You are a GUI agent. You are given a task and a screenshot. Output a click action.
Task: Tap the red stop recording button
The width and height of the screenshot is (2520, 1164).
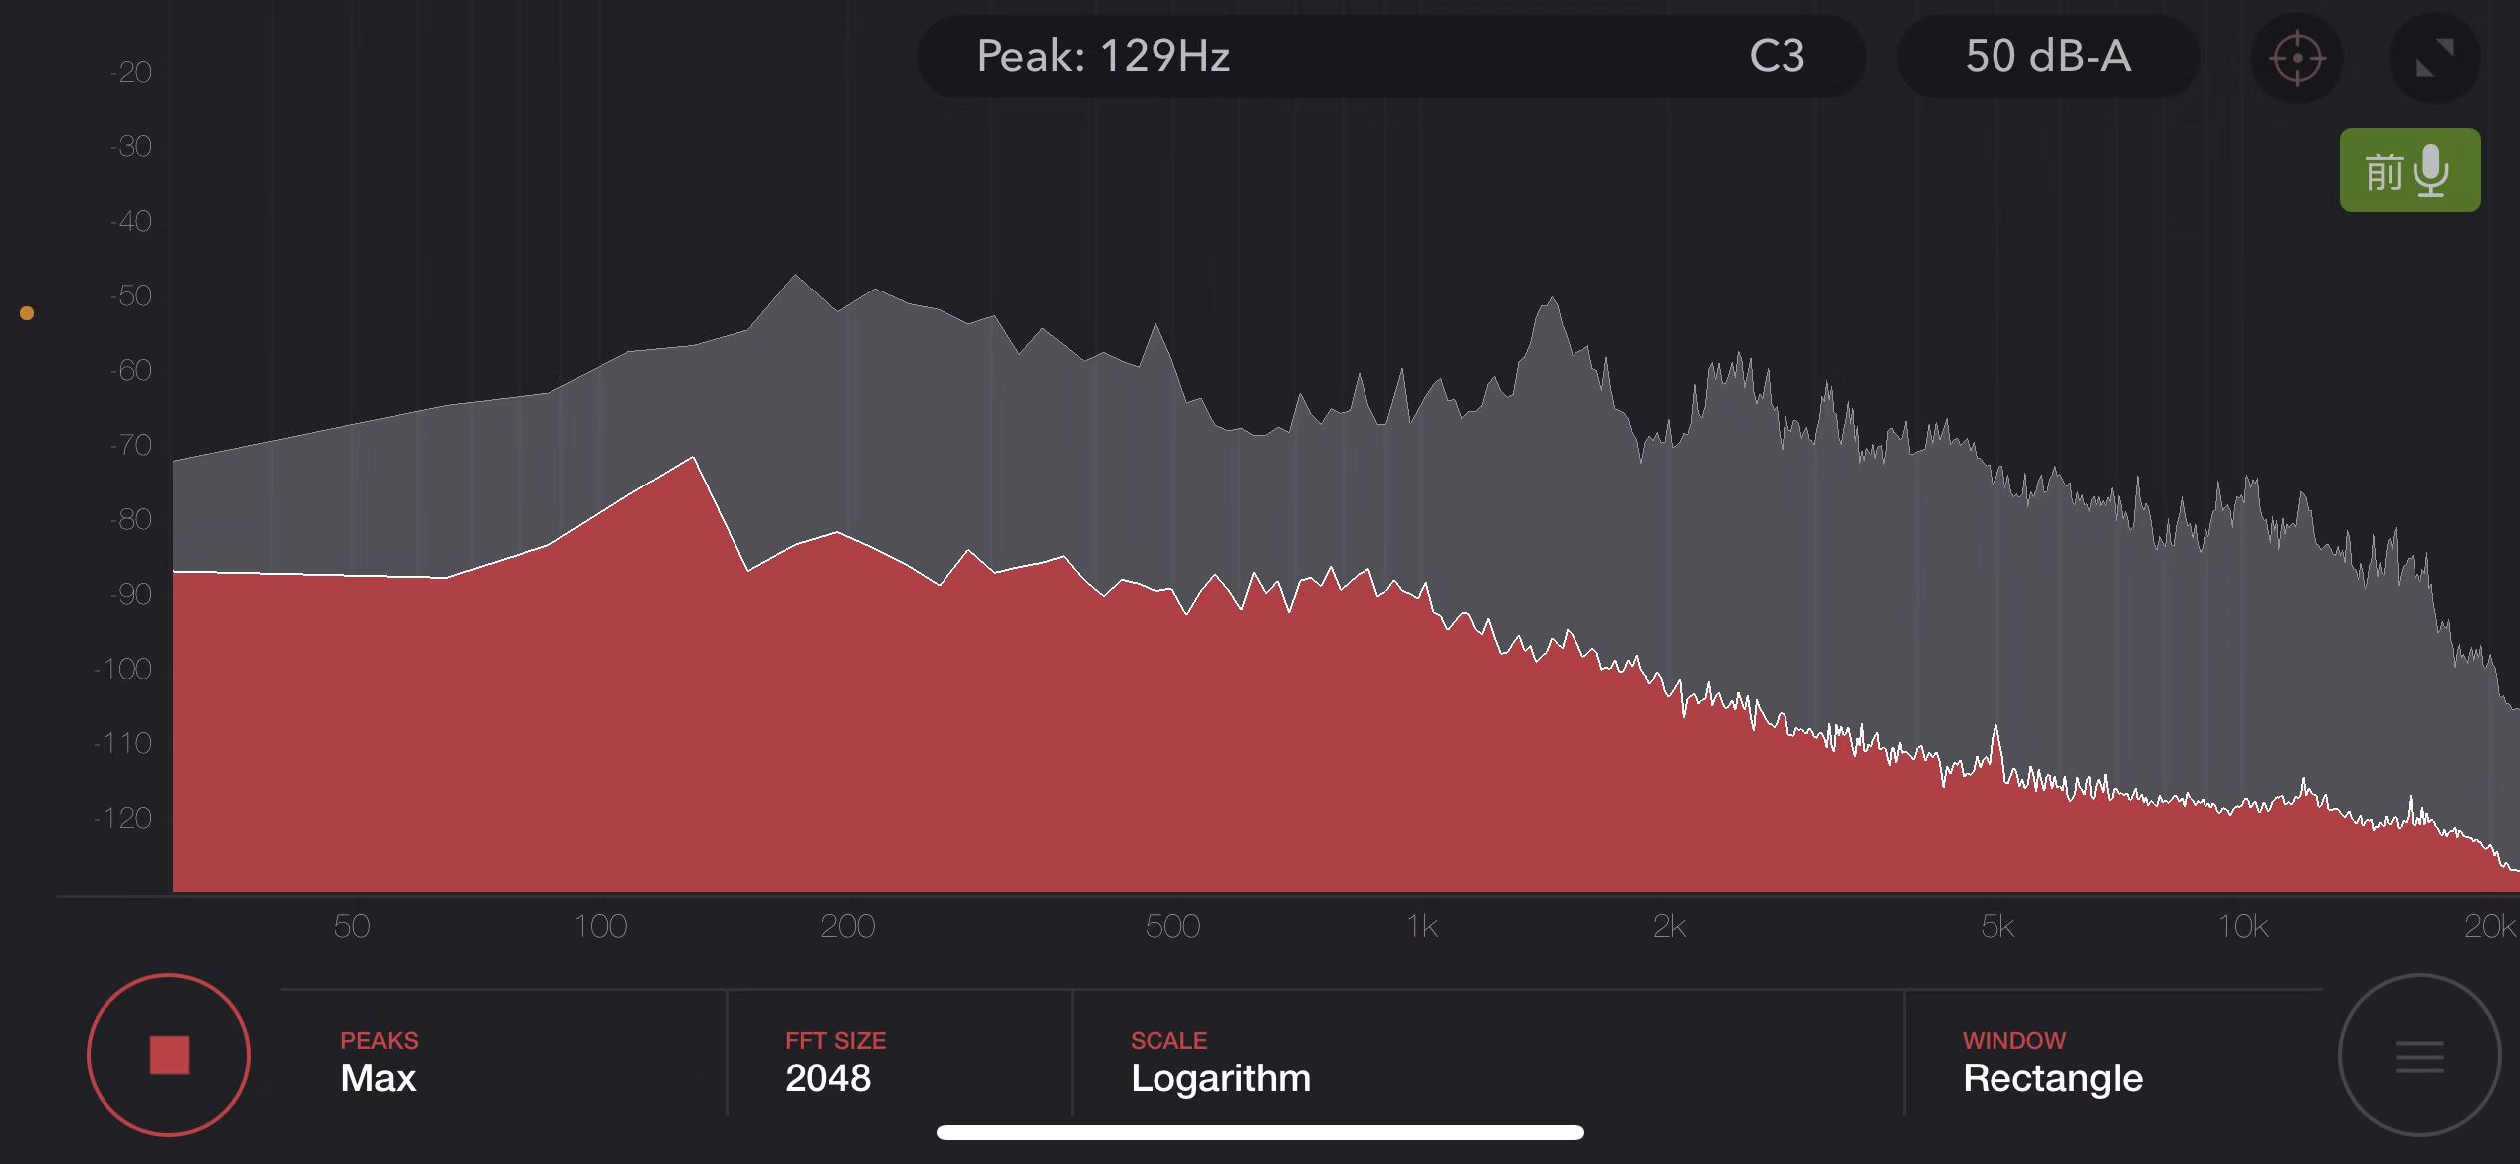[168, 1055]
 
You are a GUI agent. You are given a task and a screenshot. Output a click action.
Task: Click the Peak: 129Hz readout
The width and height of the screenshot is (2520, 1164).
[1103, 56]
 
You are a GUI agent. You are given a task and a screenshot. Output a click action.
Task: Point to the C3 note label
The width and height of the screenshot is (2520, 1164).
[1777, 56]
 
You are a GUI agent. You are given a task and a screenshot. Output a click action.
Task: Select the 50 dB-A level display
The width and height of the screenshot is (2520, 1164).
[2047, 56]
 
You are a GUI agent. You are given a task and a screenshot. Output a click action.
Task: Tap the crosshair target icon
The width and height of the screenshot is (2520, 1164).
[2297, 58]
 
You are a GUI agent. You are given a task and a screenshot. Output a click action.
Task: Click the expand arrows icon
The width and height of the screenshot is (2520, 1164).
[2434, 58]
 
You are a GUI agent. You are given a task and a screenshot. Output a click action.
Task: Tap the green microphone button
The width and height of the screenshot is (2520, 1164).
[2410, 170]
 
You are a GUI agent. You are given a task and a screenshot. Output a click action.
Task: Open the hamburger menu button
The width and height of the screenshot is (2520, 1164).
[2418, 1056]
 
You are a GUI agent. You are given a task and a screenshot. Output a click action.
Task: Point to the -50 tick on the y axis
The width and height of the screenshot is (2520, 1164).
[131, 295]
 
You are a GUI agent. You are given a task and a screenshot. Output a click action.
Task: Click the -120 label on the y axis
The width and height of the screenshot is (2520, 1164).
[123, 818]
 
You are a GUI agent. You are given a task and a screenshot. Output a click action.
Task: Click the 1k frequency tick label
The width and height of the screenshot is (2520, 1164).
[1422, 926]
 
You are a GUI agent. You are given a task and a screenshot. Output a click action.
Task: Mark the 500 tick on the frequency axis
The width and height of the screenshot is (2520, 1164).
[1172, 926]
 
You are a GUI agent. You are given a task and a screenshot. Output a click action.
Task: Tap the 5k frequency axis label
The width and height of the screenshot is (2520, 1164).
[1997, 926]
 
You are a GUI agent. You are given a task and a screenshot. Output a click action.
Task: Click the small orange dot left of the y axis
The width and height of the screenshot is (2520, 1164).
[27, 313]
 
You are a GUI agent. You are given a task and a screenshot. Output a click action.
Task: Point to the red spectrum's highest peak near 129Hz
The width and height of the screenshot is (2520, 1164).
[693, 459]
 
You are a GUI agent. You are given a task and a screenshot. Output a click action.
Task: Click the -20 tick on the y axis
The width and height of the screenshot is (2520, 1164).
[131, 72]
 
